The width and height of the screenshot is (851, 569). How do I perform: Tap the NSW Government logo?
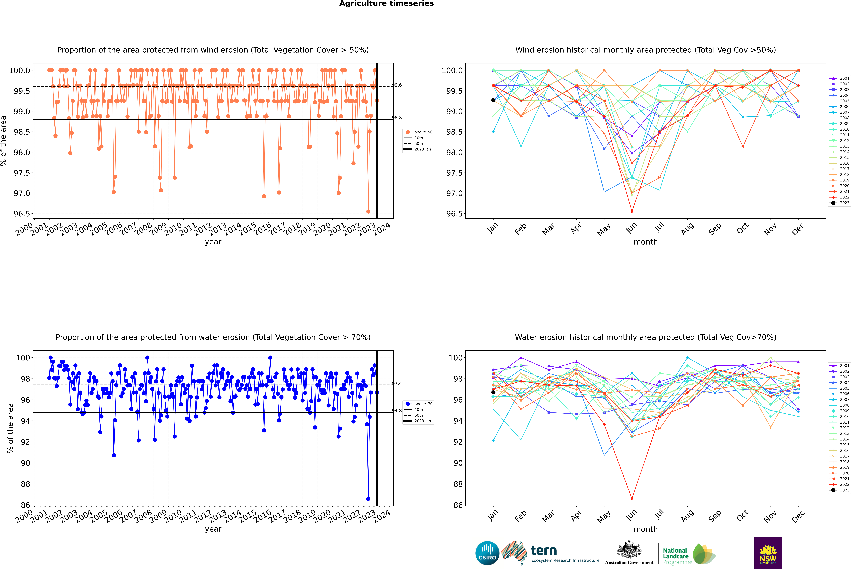[x=768, y=553]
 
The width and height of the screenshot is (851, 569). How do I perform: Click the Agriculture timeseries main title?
[x=386, y=4]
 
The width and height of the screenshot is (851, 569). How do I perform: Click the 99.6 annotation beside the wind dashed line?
[x=397, y=85]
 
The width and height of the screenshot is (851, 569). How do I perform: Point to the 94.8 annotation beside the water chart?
[x=397, y=411]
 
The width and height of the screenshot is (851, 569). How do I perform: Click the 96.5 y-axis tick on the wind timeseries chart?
[x=22, y=214]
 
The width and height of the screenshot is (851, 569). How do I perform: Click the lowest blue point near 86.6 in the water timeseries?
[x=368, y=499]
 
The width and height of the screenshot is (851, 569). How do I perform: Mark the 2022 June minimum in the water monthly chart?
[x=632, y=499]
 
